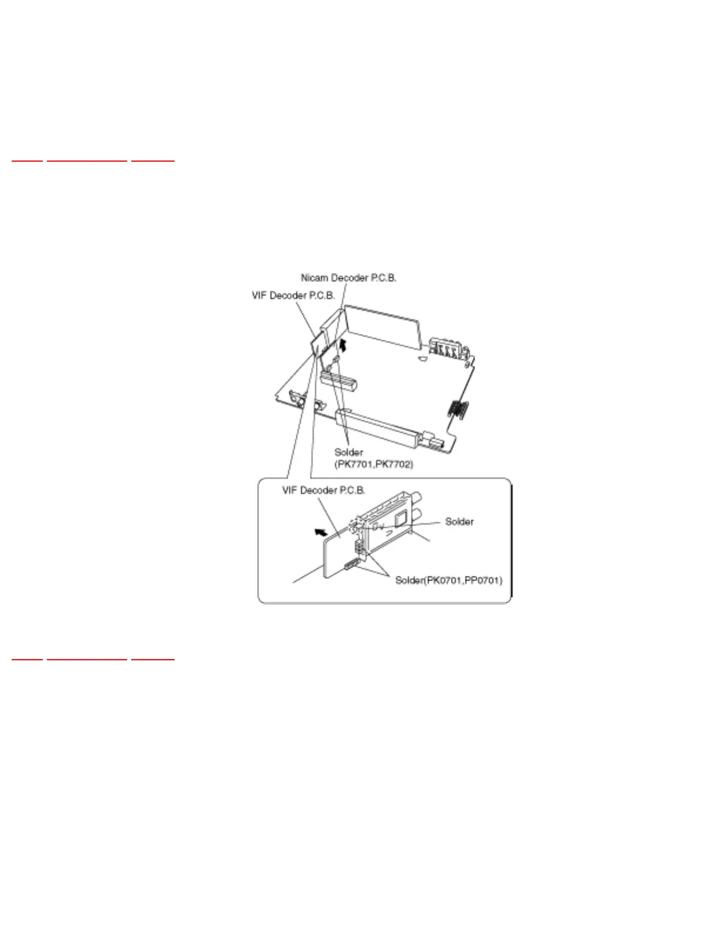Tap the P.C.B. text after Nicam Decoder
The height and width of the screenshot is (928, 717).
pyautogui.click(x=383, y=278)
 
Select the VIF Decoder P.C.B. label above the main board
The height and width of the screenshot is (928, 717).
pyautogui.click(x=293, y=295)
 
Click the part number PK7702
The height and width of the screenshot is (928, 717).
pyautogui.click(x=394, y=464)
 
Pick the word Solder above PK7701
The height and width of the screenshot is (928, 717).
pyautogui.click(x=349, y=452)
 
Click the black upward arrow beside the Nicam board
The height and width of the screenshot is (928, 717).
pyautogui.click(x=343, y=344)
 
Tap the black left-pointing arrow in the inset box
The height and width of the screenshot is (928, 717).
pyautogui.click(x=320, y=532)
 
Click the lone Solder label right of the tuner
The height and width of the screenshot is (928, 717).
pyautogui.click(x=459, y=521)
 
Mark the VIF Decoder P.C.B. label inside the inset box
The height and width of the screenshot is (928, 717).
pyautogui.click(x=323, y=490)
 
